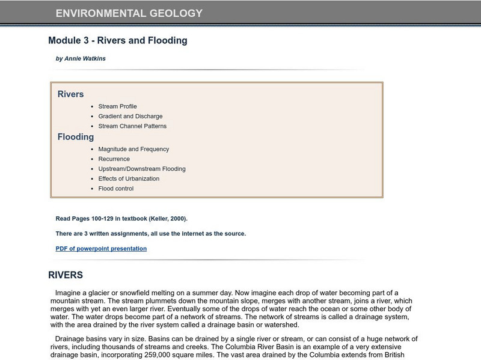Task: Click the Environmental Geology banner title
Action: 129,13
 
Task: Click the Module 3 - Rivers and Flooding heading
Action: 118,41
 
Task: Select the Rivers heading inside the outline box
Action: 70,94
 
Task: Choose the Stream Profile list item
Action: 117,106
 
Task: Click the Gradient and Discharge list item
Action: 130,116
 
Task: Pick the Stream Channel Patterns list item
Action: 132,126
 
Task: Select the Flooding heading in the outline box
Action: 76,137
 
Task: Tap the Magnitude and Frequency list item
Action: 133,149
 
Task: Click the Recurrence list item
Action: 114,159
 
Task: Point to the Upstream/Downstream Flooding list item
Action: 142,169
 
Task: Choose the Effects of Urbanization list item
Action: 129,178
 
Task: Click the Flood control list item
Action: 115,189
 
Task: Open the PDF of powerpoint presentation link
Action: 101,249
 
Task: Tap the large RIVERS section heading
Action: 66,275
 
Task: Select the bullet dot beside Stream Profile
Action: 92,106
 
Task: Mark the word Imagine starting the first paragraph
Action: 67,293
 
